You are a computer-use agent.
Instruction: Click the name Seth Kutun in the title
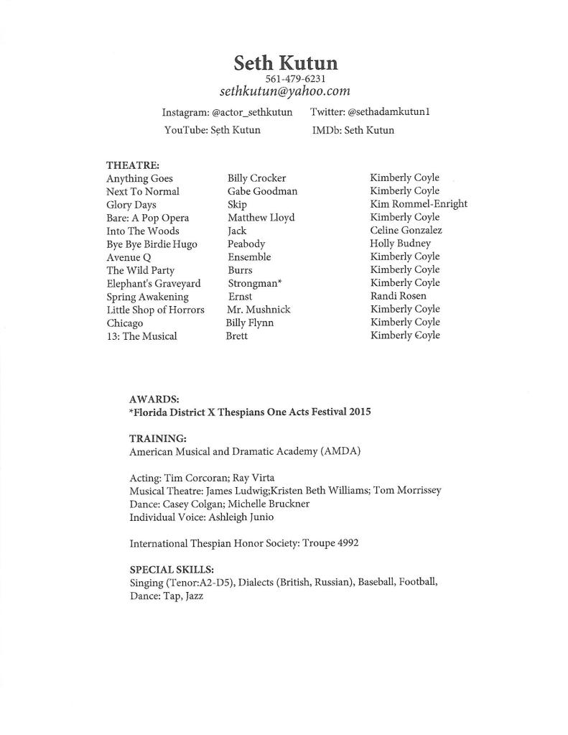[285, 63]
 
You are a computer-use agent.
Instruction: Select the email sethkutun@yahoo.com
[285, 91]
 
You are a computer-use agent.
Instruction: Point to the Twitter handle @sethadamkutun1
[389, 112]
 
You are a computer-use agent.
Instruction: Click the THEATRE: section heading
[133, 165]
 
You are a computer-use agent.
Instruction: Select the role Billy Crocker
[256, 178]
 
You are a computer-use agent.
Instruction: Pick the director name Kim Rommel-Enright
[419, 204]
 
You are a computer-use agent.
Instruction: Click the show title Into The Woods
[143, 231]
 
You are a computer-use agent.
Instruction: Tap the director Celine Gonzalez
[406, 231]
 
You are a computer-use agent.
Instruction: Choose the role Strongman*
[254, 283]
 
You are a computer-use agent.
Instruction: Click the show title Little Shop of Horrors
[155, 310]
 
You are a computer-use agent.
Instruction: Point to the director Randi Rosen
[398, 296]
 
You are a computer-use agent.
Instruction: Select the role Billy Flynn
[250, 323]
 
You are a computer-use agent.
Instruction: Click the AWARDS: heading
[154, 399]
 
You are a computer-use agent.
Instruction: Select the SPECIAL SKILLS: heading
[172, 570]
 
